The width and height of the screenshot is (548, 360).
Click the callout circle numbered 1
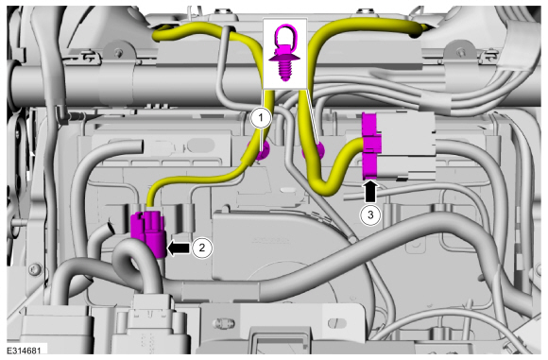(x=261, y=118)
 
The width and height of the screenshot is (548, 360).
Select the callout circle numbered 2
(x=201, y=248)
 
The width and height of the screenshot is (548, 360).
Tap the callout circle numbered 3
(x=370, y=214)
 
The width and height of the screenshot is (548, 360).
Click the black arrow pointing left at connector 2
(x=179, y=248)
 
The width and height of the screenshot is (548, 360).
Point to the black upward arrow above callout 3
(x=370, y=191)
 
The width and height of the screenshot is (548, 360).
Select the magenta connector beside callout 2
(x=147, y=233)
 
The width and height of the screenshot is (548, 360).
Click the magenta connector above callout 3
(x=369, y=146)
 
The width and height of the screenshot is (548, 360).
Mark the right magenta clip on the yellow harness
(x=315, y=151)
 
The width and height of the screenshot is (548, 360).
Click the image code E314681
(x=25, y=351)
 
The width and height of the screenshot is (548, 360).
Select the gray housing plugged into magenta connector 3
(x=407, y=146)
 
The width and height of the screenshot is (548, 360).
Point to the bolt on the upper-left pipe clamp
(x=120, y=53)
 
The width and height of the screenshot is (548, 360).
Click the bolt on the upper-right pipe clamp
(x=462, y=52)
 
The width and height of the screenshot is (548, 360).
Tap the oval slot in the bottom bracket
(x=337, y=323)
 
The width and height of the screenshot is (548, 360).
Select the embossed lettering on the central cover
(x=270, y=241)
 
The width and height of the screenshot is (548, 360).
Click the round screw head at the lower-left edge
(x=35, y=269)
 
